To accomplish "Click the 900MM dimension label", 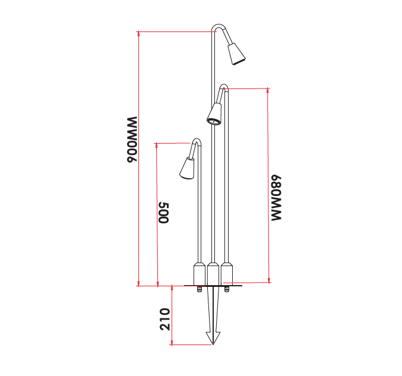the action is coord(132,139).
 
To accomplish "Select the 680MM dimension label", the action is coord(276,198).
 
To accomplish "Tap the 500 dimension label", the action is coord(164,213).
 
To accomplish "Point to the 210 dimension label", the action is coord(165,319).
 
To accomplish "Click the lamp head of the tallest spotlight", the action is coord(236,53).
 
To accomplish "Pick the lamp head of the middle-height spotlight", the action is coord(214,115).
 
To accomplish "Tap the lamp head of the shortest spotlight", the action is coord(187,168).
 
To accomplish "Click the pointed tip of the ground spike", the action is coord(213,344).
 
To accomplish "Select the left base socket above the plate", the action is coord(199,274).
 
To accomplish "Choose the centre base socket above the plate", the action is coord(213,274).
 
